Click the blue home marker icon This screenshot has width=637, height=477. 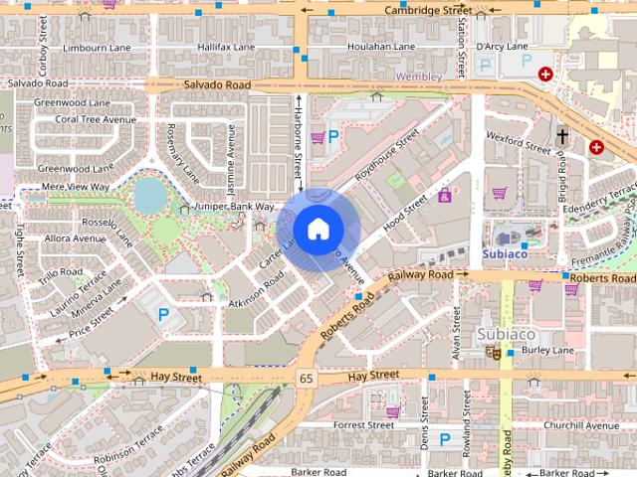coord(318,229)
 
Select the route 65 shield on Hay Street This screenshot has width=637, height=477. coord(307,379)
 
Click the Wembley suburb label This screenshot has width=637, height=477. coord(418,76)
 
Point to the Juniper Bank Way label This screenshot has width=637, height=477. coord(235,207)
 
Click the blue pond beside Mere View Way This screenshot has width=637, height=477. coord(151,196)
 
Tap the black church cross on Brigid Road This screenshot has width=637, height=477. coord(562,136)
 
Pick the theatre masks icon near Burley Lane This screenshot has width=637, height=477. coord(492,352)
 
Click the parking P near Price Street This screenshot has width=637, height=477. coord(164,315)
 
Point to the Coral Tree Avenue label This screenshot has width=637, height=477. coord(96,119)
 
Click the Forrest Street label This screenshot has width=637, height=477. coord(365,424)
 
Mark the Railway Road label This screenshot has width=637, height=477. coord(428,275)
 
